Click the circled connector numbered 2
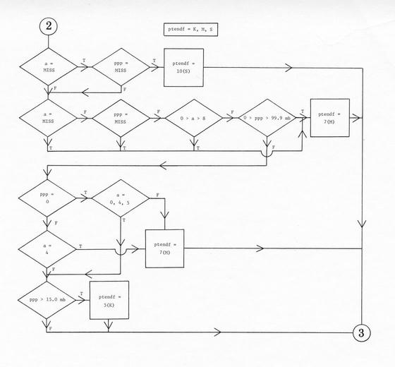(49, 26)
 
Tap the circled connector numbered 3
(361, 332)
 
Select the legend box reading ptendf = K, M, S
(190, 30)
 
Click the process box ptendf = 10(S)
(183, 68)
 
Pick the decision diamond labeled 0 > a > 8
(194, 118)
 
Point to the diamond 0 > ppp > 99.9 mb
(267, 118)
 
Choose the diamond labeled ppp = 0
(47, 198)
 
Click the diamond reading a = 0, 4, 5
(121, 198)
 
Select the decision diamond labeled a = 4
(47, 249)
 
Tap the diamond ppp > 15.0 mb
(47, 300)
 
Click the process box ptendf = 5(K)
(109, 300)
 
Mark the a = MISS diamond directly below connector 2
(49, 67)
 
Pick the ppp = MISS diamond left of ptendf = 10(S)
(121, 67)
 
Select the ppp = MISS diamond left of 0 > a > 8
(121, 119)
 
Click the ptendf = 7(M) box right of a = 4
(165, 248)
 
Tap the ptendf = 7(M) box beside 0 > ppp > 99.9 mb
(330, 118)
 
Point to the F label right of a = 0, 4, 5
(158, 195)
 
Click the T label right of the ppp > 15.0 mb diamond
(82, 294)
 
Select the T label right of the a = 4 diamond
(80, 246)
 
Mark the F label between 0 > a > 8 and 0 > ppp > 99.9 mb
(232, 112)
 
